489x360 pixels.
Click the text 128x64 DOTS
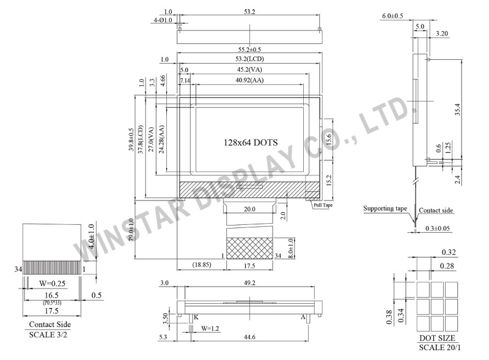click(x=251, y=142)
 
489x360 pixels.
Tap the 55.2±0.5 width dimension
click(x=249, y=50)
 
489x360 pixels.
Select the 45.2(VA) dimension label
click(x=249, y=69)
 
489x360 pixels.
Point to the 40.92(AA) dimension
click(x=249, y=80)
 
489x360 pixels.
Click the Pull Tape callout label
click(x=323, y=205)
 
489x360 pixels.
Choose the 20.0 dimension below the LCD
click(x=249, y=209)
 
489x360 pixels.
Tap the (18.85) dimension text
click(x=202, y=265)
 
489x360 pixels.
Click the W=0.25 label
click(x=52, y=283)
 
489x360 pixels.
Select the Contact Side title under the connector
click(x=50, y=325)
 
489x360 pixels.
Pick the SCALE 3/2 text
click(x=48, y=335)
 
